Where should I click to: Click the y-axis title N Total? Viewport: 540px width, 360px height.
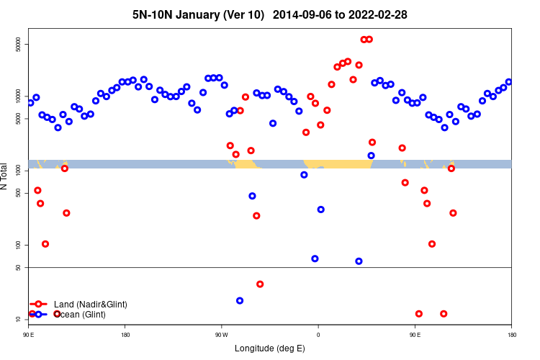pos(6,176)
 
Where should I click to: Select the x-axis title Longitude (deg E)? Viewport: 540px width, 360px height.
pos(270,348)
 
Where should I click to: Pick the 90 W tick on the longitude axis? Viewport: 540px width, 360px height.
pos(221,335)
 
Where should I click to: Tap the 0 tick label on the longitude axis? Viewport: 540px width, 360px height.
pos(318,335)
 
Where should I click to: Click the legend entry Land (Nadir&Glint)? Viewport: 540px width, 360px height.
pos(90,305)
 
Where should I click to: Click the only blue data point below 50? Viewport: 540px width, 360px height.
pos(240,301)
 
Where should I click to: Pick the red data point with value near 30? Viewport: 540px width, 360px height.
pos(260,284)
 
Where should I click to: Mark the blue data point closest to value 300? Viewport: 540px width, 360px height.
pos(320,210)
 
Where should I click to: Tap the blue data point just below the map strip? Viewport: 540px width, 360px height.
pos(304,175)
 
